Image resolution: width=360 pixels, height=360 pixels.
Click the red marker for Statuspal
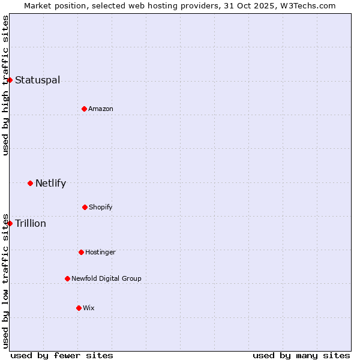(x=10, y=80)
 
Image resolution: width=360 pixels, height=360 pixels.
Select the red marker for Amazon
(x=84, y=109)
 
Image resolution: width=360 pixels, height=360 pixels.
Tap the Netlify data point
(x=30, y=183)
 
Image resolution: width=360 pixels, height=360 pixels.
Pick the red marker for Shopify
(x=85, y=207)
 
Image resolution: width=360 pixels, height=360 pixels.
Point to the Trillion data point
(x=10, y=223)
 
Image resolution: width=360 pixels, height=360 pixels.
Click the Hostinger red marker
(x=81, y=252)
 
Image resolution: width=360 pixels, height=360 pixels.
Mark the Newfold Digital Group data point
(x=67, y=278)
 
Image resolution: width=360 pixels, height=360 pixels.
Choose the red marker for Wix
(x=79, y=308)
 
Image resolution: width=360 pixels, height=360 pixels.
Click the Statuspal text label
(x=37, y=80)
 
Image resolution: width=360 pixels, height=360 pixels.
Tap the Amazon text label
(x=101, y=109)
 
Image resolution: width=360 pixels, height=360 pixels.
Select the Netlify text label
(x=50, y=183)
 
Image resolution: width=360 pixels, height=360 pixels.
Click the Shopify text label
(x=101, y=207)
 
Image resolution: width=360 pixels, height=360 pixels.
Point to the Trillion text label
(x=31, y=223)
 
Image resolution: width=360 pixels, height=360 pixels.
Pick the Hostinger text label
(x=100, y=252)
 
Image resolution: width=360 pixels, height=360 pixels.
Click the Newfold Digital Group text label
(x=106, y=278)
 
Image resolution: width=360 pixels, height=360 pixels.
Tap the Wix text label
(x=89, y=308)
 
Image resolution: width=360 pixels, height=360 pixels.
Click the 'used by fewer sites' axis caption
(x=62, y=355)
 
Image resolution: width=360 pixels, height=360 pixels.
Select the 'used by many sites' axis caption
(x=301, y=355)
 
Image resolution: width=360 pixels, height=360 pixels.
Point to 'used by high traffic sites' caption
(x=5, y=85)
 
